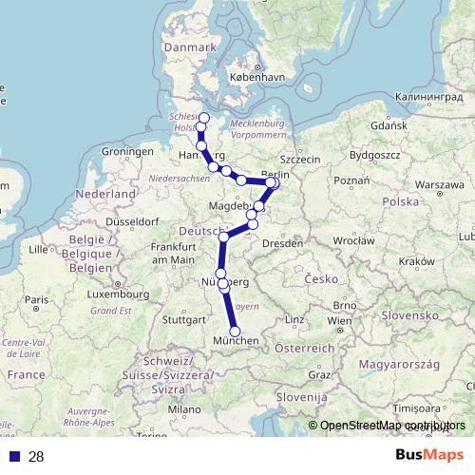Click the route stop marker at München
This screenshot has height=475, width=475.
pyautogui.click(x=235, y=331)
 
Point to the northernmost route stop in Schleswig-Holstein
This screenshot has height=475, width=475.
pyautogui.click(x=203, y=116)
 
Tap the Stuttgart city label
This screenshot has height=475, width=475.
pyautogui.click(x=184, y=319)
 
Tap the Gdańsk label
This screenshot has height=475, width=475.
pyautogui.click(x=389, y=124)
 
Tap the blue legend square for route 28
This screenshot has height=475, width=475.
pyautogui.click(x=14, y=457)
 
